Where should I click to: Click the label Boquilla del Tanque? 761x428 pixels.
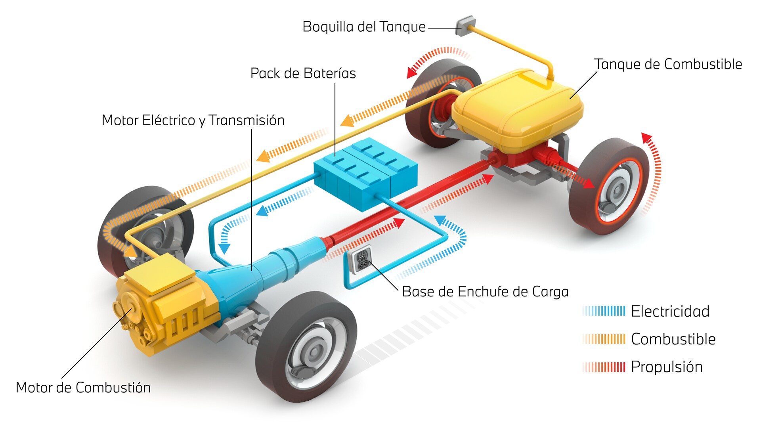click(364, 27)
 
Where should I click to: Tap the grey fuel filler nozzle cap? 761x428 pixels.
click(464, 26)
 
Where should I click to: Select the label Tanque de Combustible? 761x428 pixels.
click(668, 64)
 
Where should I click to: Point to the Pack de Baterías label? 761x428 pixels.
click(303, 73)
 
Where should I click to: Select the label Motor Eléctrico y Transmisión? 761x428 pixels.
click(193, 120)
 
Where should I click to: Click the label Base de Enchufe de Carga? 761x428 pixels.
click(485, 292)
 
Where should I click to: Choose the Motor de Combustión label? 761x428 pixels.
click(83, 388)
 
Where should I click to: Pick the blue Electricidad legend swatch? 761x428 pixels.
click(604, 311)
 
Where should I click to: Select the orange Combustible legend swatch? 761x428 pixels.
click(604, 339)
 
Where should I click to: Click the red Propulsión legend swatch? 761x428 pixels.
click(604, 367)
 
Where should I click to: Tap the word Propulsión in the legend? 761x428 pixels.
click(667, 367)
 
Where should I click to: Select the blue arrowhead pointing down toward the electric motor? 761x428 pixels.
click(224, 248)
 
